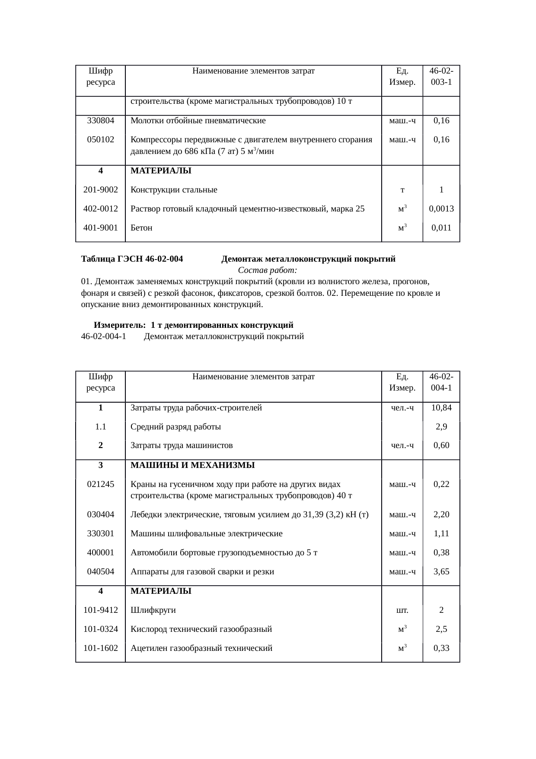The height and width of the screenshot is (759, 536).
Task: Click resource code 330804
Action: (100, 121)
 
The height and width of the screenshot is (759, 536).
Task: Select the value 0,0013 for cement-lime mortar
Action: (441, 209)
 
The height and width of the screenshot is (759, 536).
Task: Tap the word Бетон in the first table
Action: (141, 228)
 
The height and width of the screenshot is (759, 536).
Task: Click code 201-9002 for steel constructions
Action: (100, 190)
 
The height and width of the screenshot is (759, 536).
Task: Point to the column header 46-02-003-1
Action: (441, 76)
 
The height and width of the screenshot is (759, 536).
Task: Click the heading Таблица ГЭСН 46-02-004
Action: (132, 259)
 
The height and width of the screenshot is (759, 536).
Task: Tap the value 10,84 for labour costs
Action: (441, 408)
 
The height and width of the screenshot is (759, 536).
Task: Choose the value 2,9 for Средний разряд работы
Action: (441, 427)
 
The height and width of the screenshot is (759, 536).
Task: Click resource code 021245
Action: (100, 484)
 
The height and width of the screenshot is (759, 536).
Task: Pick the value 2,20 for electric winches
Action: (441, 515)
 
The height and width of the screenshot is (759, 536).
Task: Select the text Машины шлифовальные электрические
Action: (206, 534)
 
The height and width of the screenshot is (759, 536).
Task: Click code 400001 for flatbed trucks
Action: (100, 553)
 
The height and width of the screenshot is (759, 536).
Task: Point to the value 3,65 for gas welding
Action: (441, 572)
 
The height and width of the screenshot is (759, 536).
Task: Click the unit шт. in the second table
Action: (402, 611)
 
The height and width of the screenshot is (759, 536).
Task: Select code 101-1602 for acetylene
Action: (100, 648)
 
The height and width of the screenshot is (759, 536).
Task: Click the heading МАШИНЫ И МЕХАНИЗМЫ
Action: (192, 465)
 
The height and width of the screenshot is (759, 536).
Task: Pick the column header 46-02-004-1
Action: (441, 382)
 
